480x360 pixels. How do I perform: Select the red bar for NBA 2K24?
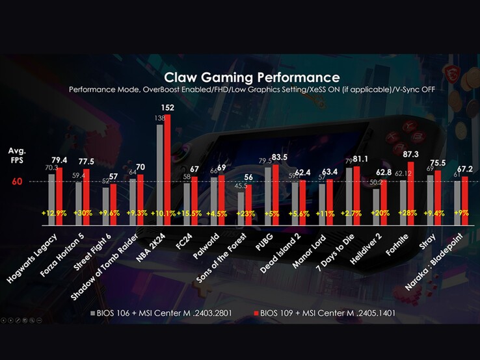tap(167, 169)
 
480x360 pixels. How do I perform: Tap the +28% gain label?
tap(407, 213)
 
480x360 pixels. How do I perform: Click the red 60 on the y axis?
tap(17, 182)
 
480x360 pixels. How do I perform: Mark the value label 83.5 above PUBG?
tap(279, 158)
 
